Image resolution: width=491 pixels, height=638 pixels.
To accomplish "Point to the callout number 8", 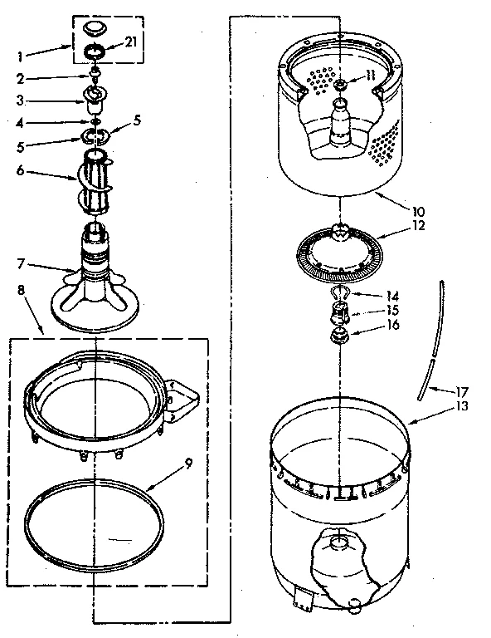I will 22,291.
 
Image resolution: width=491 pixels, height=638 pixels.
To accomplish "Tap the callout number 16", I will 392,325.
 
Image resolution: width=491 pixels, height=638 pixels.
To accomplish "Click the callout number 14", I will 392,296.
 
